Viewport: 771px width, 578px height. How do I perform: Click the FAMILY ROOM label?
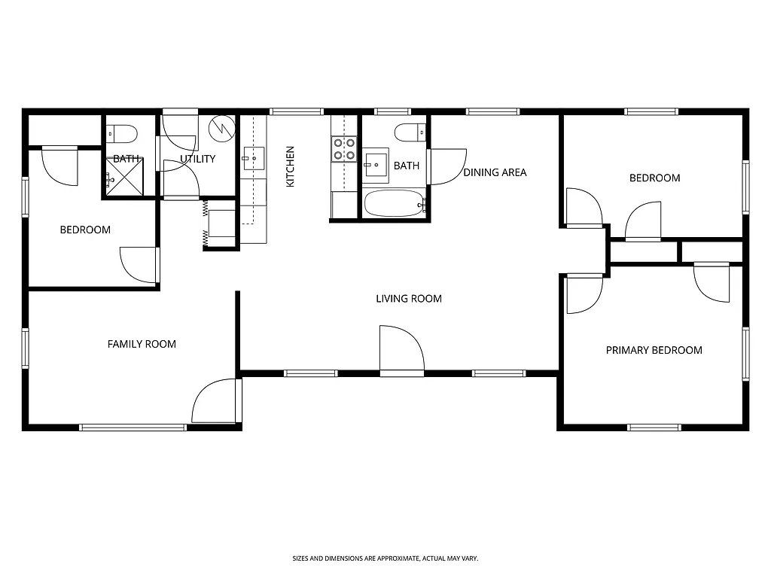click(142, 344)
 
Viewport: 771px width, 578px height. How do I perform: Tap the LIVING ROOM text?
click(409, 299)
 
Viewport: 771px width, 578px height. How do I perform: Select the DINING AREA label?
click(495, 172)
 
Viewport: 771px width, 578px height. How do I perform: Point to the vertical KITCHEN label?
click(290, 166)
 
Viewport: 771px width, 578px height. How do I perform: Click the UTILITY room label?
click(198, 159)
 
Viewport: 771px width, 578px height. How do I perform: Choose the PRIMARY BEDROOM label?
click(654, 350)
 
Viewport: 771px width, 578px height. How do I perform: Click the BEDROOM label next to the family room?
click(85, 230)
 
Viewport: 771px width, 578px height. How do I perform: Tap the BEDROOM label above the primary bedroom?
click(654, 178)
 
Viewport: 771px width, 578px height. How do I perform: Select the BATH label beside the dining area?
click(407, 166)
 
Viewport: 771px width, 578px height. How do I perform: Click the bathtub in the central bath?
click(395, 203)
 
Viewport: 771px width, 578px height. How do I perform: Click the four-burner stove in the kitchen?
click(344, 150)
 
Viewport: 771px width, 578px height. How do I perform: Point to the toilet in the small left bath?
click(122, 135)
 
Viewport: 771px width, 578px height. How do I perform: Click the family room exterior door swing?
click(217, 401)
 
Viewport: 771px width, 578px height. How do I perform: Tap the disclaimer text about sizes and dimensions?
click(385, 558)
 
